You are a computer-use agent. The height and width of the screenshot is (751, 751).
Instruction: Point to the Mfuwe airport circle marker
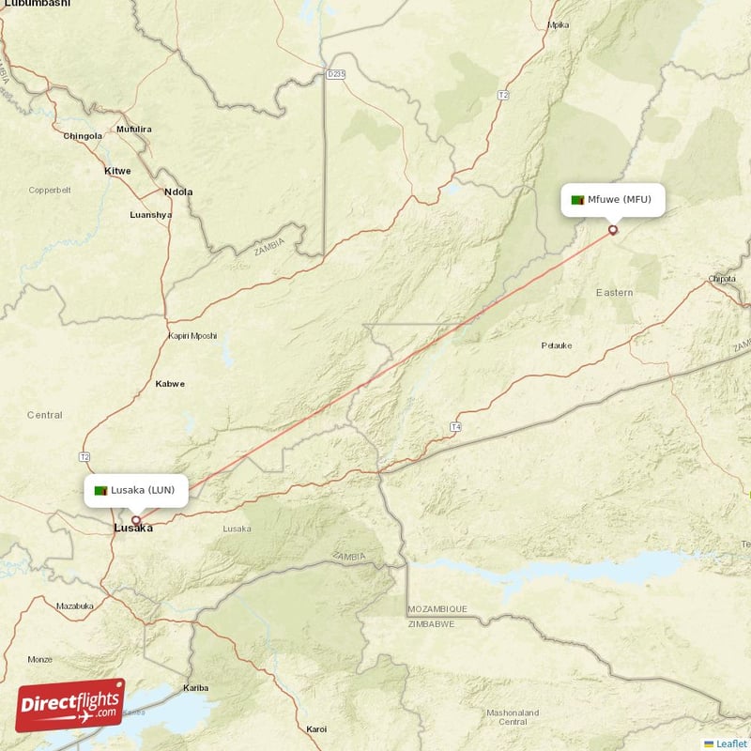click(x=613, y=229)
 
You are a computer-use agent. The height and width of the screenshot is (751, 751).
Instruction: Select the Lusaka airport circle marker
click(x=136, y=520)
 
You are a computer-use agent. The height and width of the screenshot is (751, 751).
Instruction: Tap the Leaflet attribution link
click(x=730, y=743)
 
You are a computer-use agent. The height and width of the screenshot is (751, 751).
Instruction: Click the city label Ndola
click(x=178, y=192)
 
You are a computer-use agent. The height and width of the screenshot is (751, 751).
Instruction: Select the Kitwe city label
click(x=117, y=171)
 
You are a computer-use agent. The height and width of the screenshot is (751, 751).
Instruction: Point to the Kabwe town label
click(x=170, y=383)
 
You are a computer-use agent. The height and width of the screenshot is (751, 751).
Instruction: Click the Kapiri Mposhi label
click(x=192, y=335)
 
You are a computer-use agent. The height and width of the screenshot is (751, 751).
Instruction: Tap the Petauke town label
click(x=557, y=345)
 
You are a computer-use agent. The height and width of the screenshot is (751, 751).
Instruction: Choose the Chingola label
click(x=83, y=136)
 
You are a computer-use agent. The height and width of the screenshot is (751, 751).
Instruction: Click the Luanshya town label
click(x=151, y=215)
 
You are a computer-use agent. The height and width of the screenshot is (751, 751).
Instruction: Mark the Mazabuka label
click(x=75, y=605)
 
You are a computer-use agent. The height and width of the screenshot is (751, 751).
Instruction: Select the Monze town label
click(x=40, y=659)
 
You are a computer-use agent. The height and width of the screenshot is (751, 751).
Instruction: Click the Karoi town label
click(x=317, y=728)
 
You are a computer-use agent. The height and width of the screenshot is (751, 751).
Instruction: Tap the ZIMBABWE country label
click(x=431, y=623)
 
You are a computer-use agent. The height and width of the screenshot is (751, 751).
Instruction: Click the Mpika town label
click(x=559, y=24)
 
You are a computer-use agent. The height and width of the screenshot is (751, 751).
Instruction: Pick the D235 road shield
click(x=337, y=72)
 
